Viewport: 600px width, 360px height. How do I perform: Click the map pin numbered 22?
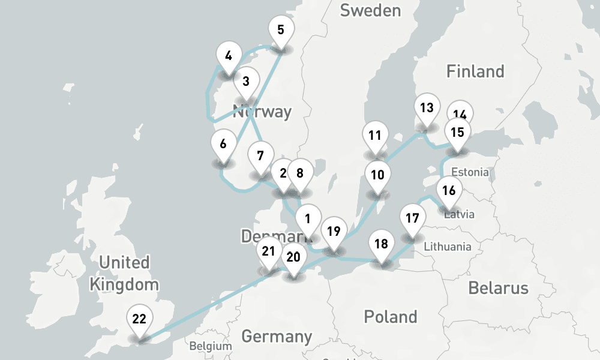click(x=139, y=319)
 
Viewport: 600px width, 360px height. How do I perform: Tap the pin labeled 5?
click(x=280, y=29)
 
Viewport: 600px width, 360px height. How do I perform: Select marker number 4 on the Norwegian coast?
click(x=228, y=56)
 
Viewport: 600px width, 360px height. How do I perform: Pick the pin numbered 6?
click(x=223, y=144)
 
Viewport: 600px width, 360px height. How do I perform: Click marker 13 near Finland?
click(x=427, y=108)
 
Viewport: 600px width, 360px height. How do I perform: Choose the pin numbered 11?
click(x=376, y=135)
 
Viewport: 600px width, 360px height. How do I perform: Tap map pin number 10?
click(x=377, y=175)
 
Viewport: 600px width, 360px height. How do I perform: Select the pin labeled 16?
click(x=449, y=191)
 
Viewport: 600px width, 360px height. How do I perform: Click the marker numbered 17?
click(x=412, y=218)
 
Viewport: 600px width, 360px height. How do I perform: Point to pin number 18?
click(x=381, y=244)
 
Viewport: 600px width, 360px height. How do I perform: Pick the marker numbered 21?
click(x=268, y=251)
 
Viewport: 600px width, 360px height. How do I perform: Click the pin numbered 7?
click(x=260, y=156)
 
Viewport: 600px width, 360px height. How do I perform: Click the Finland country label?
click(x=475, y=71)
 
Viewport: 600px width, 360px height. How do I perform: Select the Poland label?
click(x=391, y=316)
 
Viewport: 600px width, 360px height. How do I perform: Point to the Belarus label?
click(x=498, y=287)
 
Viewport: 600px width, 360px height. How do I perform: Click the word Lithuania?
click(x=447, y=247)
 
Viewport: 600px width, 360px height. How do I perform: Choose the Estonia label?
click(x=470, y=172)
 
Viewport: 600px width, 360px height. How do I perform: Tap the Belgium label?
click(x=210, y=346)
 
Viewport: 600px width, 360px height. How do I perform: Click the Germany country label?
click(x=277, y=336)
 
